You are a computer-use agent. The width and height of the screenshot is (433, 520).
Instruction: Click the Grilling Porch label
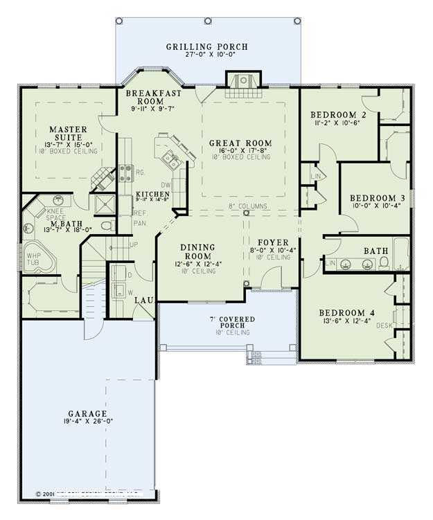click(206, 47)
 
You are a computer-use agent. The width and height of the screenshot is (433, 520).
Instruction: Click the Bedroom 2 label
click(338, 114)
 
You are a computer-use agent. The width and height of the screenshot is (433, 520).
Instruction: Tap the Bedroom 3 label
click(377, 197)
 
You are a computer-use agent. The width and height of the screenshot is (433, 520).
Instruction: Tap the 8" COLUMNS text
click(248, 206)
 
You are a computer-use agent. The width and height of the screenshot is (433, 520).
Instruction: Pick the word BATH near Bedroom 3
click(377, 249)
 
